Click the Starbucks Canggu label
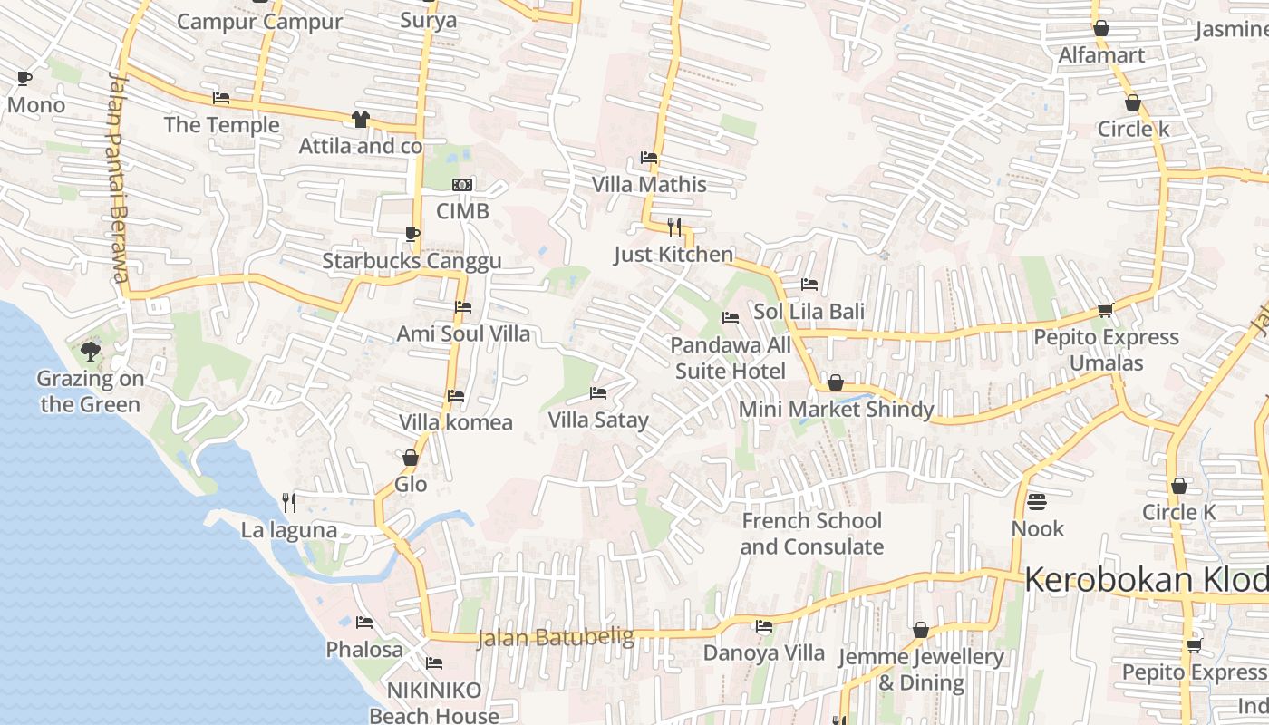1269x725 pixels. [412, 262]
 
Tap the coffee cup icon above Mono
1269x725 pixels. [24, 79]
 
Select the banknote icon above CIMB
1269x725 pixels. [462, 185]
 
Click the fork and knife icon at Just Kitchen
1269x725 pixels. [673, 227]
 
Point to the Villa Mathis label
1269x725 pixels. [649, 185]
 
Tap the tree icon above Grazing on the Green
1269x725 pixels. [90, 351]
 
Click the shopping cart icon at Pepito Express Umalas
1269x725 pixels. [1105, 311]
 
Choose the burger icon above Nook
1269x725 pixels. [1037, 501]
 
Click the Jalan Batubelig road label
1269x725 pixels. [555, 638]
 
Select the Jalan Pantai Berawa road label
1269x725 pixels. [116, 178]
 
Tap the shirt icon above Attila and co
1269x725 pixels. [361, 120]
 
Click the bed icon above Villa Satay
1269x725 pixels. [598, 393]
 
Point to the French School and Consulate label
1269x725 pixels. [811, 534]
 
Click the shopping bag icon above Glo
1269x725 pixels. [410, 458]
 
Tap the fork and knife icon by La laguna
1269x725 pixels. [289, 502]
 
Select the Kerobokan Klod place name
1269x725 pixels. [1147, 580]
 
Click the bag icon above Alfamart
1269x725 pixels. [1101, 28]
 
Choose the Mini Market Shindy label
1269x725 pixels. [836, 410]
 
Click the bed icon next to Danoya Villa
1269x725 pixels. [764, 626]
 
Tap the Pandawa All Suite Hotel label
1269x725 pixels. [731, 358]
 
